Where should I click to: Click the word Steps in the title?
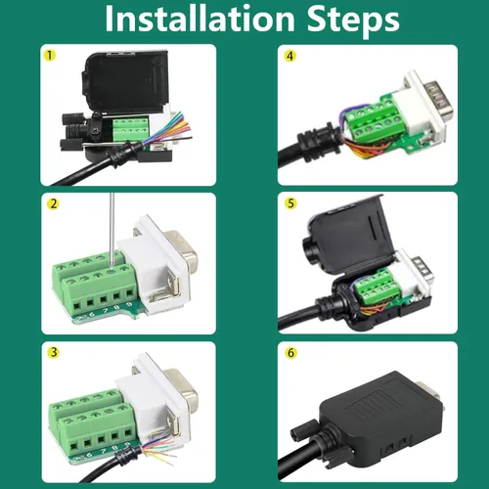pos(348,20)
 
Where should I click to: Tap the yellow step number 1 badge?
pos(48,55)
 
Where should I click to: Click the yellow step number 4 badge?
pos(289,55)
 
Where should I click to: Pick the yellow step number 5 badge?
pos(289,203)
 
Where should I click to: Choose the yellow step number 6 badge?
pos(289,352)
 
